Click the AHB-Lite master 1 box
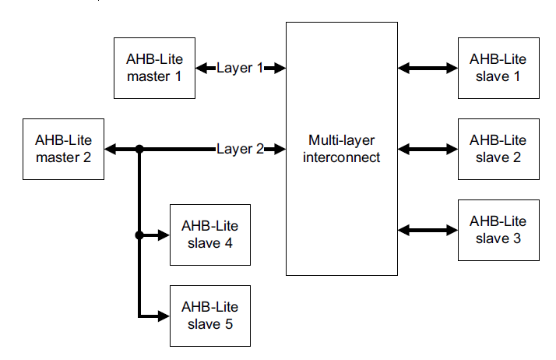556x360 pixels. pyautogui.click(x=154, y=68)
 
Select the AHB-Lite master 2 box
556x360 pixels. pyautogui.click(x=63, y=148)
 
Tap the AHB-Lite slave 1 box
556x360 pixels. pyautogui.click(x=498, y=68)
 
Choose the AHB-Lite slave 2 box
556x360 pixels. pyautogui.click(x=498, y=148)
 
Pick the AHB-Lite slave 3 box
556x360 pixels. pyautogui.click(x=498, y=230)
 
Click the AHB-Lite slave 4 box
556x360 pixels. pyautogui.click(x=209, y=235)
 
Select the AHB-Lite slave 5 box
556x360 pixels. pyautogui.click(x=209, y=316)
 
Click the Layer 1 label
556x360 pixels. pyautogui.click(x=240, y=68)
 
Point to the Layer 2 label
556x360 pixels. pyautogui.click(x=240, y=149)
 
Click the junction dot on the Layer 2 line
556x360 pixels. pyautogui.click(x=139, y=149)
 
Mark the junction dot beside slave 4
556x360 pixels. pyautogui.click(x=139, y=235)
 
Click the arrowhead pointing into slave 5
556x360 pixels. pyautogui.click(x=164, y=316)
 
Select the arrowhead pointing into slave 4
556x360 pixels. pyautogui.click(x=164, y=235)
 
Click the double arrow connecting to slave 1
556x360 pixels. pyautogui.click(x=428, y=68)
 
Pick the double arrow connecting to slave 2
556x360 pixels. pyautogui.click(x=428, y=148)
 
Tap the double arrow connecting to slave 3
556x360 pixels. pyautogui.click(x=428, y=230)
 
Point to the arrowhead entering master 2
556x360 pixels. pyautogui.click(x=111, y=149)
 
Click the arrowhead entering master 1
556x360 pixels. pyautogui.click(x=201, y=68)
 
